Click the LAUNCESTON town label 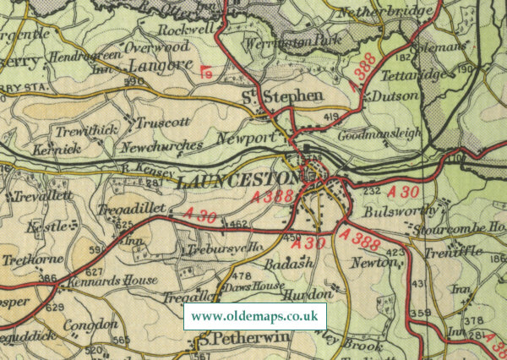point(239,181)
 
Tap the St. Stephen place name point(283,97)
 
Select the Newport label point(247,138)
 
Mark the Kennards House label point(116,280)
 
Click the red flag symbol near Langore point(206,72)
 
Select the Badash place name point(288,264)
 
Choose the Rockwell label point(183,28)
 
